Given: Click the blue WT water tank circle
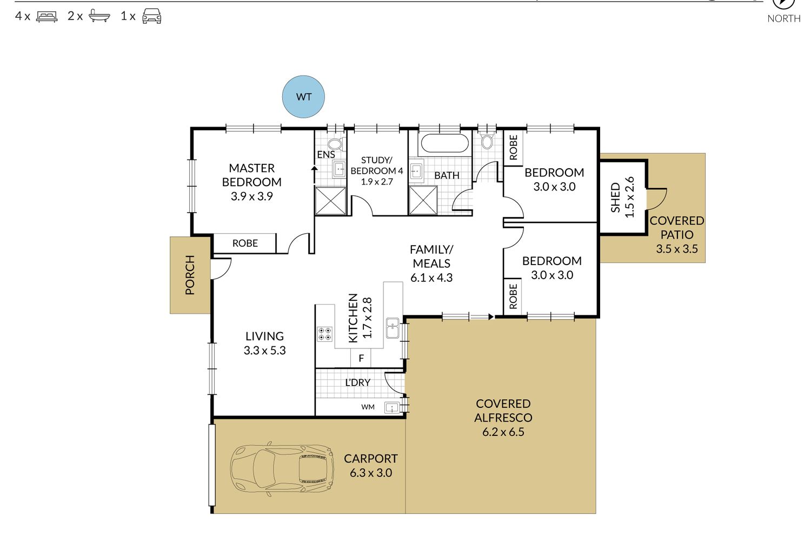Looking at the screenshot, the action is tap(303, 97).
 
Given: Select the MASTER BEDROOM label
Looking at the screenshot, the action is tap(251, 175).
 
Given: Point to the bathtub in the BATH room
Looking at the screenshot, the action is tap(445, 143).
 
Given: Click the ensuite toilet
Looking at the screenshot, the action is tap(336, 143).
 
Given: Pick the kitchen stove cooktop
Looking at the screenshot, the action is tap(325, 334).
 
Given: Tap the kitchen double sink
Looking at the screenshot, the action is tap(393, 328).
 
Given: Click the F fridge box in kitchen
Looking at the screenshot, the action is tap(361, 358).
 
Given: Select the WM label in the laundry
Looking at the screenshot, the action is tap(368, 407).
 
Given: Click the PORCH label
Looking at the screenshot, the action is tap(190, 275).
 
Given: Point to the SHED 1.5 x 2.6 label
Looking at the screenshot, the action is tap(622, 197).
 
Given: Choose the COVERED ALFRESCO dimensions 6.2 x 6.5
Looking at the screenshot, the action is tap(503, 432).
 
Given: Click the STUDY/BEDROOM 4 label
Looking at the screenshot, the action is tap(376, 165).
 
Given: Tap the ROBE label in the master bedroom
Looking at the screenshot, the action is tap(245, 243).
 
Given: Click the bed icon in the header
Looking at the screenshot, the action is tap(46, 17).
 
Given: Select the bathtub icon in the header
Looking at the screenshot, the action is tap(99, 16).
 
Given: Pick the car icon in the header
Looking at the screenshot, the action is tap(152, 16).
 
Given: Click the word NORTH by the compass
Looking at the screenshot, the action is tap(784, 18).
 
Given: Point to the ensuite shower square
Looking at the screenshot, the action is tap(330, 201).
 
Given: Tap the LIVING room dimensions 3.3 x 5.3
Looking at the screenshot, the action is tap(265, 351).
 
